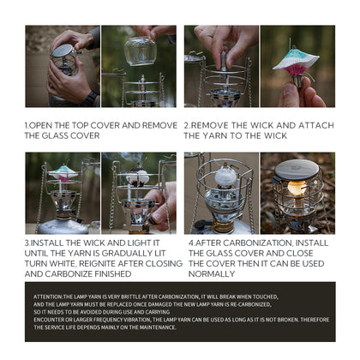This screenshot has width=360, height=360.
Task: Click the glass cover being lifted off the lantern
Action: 140,51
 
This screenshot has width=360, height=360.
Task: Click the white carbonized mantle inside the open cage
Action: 224,177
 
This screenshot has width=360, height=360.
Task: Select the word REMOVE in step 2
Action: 219,125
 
